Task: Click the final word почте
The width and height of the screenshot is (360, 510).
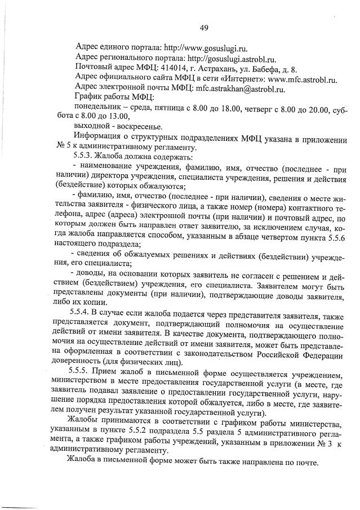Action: [305, 464]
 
